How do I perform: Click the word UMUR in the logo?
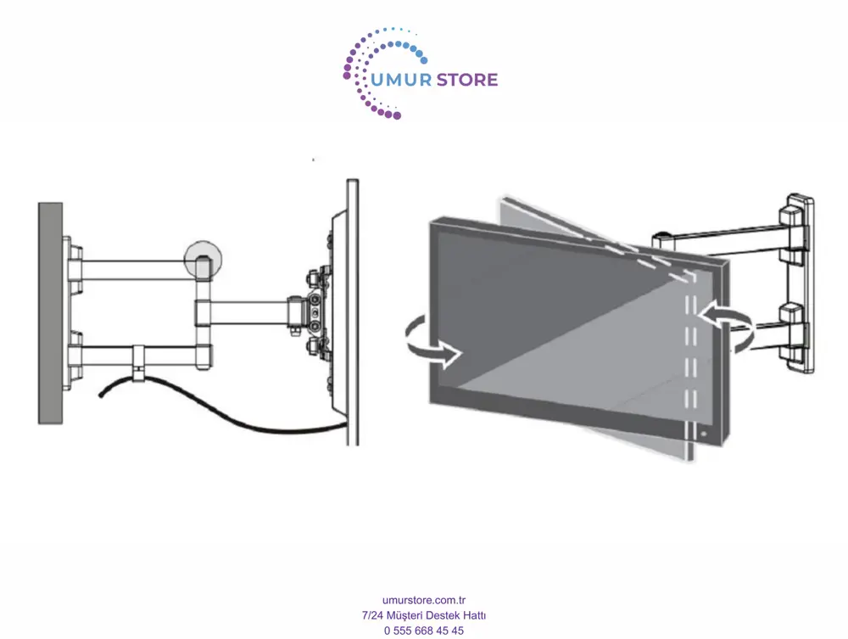[x=401, y=80]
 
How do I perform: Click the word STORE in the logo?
[x=466, y=80]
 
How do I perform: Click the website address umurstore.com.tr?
[x=424, y=600]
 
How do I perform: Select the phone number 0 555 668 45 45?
[x=424, y=631]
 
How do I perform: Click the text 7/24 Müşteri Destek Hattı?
[x=424, y=615]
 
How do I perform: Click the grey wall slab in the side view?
[x=50, y=313]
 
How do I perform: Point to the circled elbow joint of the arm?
[x=203, y=260]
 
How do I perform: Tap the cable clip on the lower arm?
[x=139, y=361]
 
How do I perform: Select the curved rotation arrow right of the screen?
[x=727, y=325]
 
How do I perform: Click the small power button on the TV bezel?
[x=704, y=434]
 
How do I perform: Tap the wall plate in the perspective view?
[x=796, y=283]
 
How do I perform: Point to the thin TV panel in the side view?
[x=353, y=313]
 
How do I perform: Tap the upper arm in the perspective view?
[x=722, y=242]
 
